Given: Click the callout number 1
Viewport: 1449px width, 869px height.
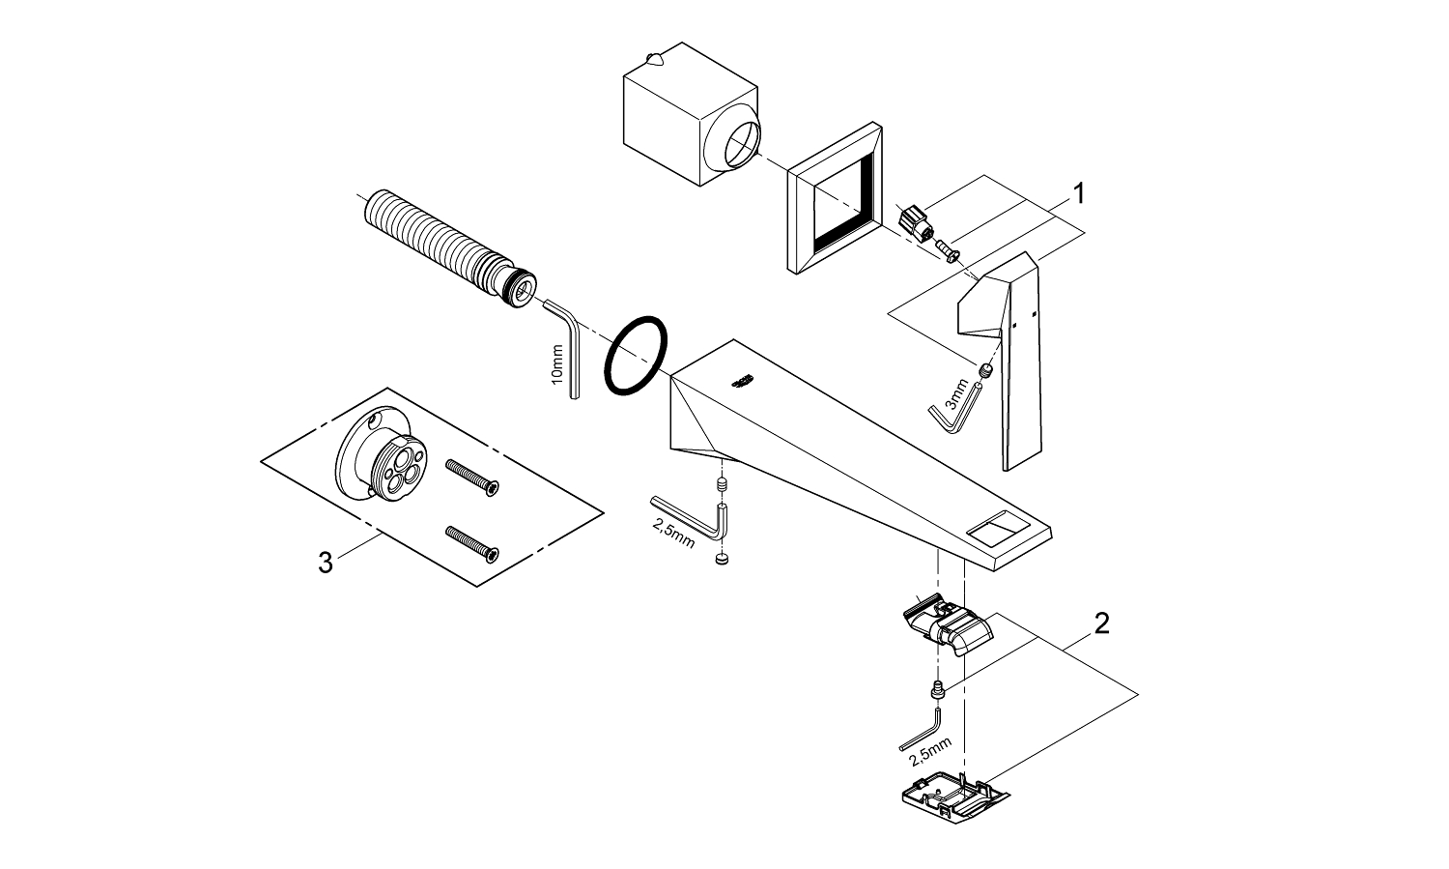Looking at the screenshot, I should [1078, 194].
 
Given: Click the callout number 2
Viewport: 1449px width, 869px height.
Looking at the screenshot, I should [1101, 623].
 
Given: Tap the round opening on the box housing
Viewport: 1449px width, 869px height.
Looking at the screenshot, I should [733, 144].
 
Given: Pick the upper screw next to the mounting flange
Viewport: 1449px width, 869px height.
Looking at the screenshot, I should [472, 476].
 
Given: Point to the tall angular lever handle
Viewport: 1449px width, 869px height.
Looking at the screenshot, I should [1005, 358].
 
